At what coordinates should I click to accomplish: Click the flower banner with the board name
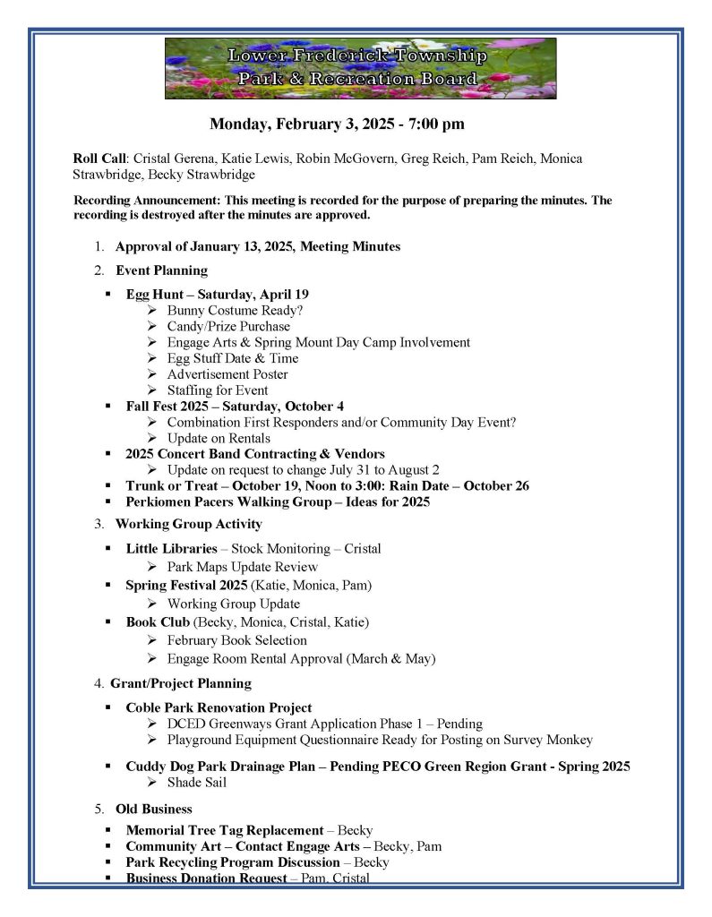point(360,68)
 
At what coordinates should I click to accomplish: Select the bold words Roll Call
point(100,159)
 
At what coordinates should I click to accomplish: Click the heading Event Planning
point(161,270)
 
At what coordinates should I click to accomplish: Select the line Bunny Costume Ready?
point(235,311)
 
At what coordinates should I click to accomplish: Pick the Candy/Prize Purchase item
point(228,327)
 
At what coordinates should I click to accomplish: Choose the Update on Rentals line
point(219,439)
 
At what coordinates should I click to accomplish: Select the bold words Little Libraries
point(171,548)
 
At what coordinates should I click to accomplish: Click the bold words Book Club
point(158,621)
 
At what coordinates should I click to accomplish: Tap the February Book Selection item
point(236,640)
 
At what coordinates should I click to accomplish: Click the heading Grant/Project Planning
point(181,683)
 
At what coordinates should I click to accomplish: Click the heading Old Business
point(154,809)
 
